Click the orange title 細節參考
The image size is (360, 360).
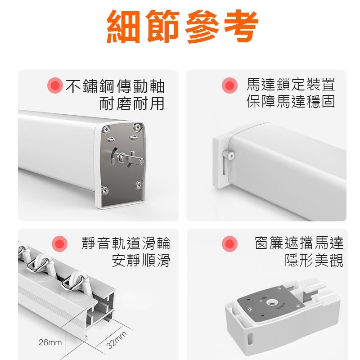coord(183,27)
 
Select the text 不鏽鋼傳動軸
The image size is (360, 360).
coord(115,85)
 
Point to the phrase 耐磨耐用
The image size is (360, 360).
coord(132,103)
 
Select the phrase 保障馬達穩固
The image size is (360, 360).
coord(291,102)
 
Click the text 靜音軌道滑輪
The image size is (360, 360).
coord(126,243)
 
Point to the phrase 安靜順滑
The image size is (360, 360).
coord(141,261)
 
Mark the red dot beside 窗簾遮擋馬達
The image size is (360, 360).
coord(230,244)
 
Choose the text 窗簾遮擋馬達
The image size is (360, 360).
coord(299,243)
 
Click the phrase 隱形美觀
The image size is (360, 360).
coord(314,261)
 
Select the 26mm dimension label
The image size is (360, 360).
coord(50,342)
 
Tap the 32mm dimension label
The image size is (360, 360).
coord(117,340)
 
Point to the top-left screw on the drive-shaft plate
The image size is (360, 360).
coord(106,130)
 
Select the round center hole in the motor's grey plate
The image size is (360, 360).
coord(271,300)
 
